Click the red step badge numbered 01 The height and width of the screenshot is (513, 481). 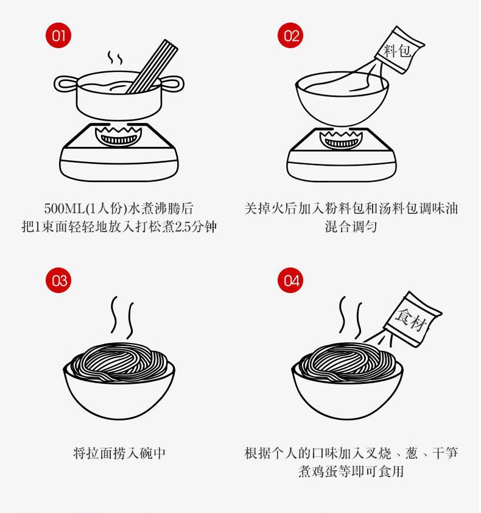pos(58,35)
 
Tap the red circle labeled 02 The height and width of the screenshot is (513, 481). pos(290,35)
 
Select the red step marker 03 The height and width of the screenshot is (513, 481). pos(58,280)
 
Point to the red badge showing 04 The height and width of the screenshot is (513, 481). pos(290,280)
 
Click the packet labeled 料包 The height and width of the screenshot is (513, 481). pos(399,50)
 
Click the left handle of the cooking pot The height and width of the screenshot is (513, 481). pos(66,83)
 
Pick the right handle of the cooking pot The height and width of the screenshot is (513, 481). pos(172,83)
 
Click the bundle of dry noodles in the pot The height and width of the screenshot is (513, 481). pos(153,66)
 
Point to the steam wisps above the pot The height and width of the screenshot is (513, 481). pos(115,58)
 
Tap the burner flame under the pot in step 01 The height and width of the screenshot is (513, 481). pos(118,136)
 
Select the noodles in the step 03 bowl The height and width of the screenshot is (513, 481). pos(119,362)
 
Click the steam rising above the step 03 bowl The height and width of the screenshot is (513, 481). pos(122,317)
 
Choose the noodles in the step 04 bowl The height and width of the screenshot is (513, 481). pos(347,362)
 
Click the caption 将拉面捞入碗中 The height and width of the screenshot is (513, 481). pos(119,453)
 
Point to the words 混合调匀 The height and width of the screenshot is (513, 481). pos(351,227)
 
